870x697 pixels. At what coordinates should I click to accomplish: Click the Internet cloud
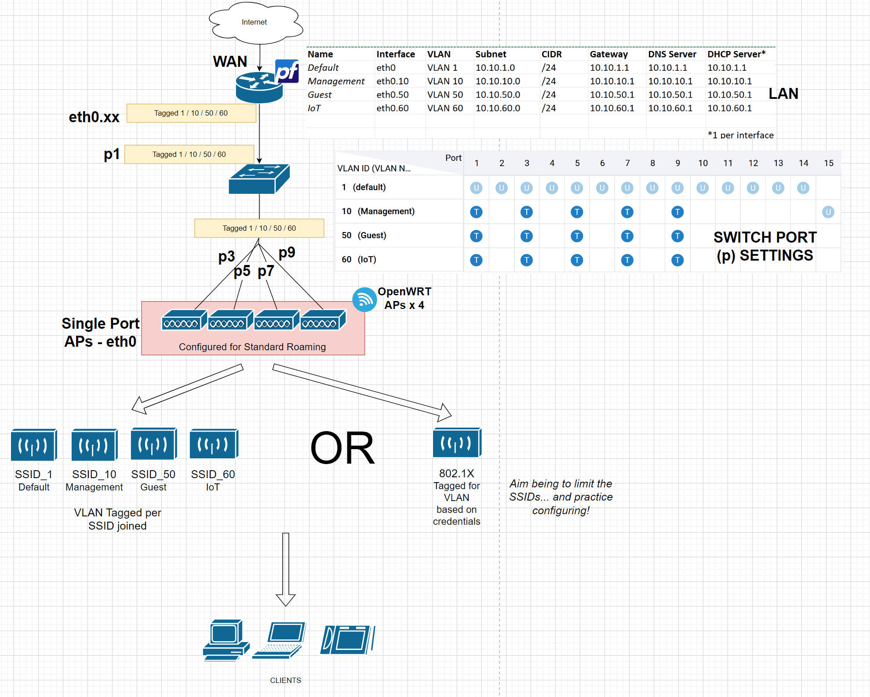(255, 22)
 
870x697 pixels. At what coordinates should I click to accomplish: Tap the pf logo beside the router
(287, 72)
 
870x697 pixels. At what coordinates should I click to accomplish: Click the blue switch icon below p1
(258, 179)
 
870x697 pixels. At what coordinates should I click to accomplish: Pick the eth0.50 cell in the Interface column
(392, 95)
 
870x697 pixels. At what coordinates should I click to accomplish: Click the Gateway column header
(608, 54)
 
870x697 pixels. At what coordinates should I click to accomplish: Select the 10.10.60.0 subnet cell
(498, 108)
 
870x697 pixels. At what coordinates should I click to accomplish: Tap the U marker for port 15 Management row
(828, 212)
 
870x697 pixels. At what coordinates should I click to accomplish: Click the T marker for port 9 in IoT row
(677, 260)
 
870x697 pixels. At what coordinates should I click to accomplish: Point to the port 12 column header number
(753, 163)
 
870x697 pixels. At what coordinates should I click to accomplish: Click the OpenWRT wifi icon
(364, 300)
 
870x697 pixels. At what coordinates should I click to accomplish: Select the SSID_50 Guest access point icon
(153, 444)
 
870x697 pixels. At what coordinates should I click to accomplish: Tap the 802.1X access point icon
(457, 443)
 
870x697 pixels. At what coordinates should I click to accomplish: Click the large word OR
(342, 448)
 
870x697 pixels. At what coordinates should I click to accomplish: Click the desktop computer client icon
(226, 640)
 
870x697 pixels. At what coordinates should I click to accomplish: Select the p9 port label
(287, 252)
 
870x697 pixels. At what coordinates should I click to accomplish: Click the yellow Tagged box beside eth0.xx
(191, 113)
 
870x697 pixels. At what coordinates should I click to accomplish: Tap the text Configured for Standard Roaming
(252, 347)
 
